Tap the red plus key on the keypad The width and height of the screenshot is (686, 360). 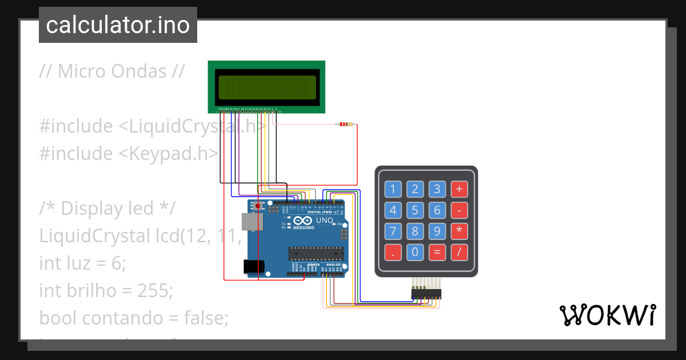point(459,189)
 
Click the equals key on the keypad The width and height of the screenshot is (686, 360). point(437,251)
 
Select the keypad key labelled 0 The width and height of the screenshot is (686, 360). point(415,251)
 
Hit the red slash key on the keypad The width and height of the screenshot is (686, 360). point(459,251)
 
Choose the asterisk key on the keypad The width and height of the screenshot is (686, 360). point(459,231)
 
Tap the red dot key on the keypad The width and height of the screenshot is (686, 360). point(393,251)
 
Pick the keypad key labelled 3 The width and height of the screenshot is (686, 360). point(437,189)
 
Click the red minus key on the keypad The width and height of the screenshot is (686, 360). point(459,210)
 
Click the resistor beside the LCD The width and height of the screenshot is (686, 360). point(346,124)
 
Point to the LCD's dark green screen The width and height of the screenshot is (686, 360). point(266,87)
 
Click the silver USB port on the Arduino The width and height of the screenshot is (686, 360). point(249,222)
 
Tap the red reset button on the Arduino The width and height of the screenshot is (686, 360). point(258,206)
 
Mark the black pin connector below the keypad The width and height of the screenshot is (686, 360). point(426,293)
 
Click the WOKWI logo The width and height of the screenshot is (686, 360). point(607,315)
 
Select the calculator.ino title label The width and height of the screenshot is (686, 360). point(118,25)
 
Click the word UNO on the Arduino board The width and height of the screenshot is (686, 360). point(325,221)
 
